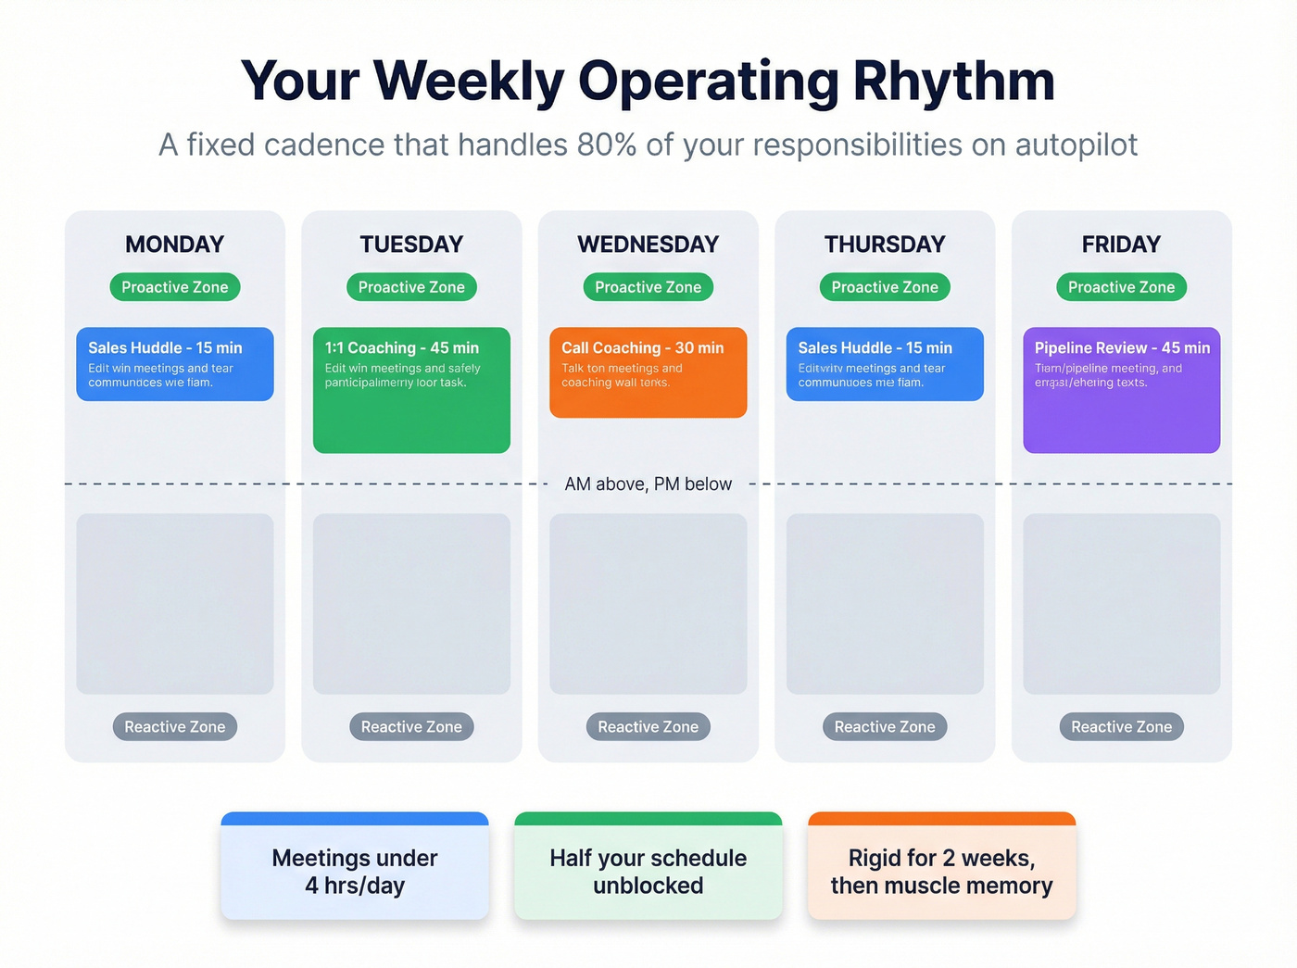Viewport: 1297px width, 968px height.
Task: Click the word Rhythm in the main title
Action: pos(953,82)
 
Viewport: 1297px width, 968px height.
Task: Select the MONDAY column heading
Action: pos(175,245)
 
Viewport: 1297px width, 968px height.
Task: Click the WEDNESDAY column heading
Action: pos(648,245)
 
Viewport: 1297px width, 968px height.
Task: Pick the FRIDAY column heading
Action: pos(1121,245)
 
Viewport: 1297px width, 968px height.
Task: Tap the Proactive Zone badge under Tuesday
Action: pos(411,287)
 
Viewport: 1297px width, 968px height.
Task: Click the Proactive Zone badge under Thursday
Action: pos(885,287)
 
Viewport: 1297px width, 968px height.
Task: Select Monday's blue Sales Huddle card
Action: pos(175,364)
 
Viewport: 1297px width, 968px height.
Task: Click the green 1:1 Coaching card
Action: pos(411,390)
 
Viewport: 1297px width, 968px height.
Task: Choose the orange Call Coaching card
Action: pos(648,372)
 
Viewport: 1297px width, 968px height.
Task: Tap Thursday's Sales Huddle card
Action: pos(885,364)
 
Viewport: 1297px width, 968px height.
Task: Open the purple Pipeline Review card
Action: pos(1121,390)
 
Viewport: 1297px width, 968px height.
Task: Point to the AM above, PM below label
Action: pos(648,484)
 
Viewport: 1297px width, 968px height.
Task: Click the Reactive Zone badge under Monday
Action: pos(175,727)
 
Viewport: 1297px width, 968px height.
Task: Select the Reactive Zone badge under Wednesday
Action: pos(648,727)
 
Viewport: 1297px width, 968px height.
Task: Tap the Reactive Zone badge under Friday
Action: pos(1121,727)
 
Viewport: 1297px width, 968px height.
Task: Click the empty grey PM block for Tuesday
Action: pos(411,604)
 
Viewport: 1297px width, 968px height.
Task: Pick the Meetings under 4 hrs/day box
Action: pos(355,871)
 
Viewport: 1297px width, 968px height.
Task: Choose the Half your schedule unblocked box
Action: pos(648,871)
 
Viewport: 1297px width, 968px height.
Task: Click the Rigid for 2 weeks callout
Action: pos(941,871)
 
